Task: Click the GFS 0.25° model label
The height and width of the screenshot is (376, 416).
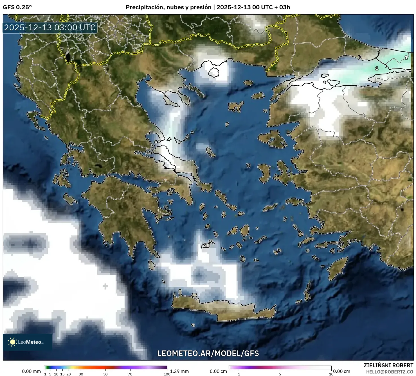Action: [17, 7]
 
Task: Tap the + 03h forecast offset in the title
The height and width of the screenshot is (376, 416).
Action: [282, 7]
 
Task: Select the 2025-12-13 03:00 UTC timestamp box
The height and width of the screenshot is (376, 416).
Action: [50, 28]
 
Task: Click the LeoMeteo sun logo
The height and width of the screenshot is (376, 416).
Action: [12, 342]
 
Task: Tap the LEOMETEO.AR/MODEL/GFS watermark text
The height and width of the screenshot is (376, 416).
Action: [208, 353]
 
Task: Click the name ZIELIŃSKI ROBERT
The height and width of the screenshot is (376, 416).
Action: [388, 365]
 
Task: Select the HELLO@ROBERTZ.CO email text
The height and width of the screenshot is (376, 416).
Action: [390, 372]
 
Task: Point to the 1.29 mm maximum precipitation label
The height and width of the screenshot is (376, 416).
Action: [179, 371]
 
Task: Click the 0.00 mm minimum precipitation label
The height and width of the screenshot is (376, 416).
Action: [31, 371]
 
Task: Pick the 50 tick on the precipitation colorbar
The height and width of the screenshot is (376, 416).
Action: [105, 374]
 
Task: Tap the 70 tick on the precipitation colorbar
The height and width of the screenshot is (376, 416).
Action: [130, 374]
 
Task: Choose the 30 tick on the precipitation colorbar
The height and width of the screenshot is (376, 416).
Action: [81, 374]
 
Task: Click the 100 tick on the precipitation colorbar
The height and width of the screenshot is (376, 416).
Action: [167, 374]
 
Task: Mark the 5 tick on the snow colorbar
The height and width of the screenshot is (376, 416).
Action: [280, 374]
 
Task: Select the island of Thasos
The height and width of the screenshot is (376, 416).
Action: [214, 73]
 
